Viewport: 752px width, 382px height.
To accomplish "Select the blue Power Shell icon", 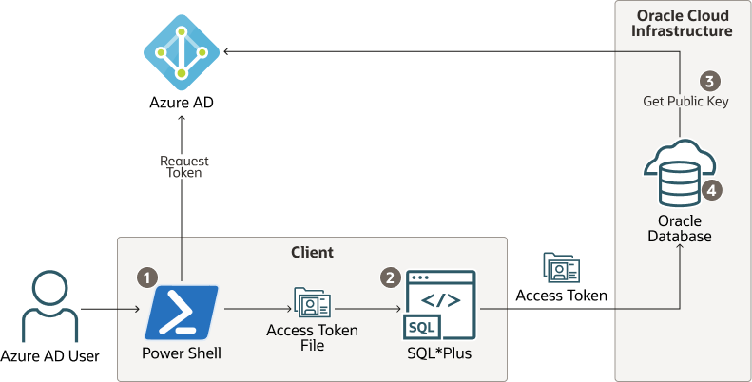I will pyautogui.click(x=182, y=313).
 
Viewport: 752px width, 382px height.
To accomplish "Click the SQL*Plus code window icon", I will pyautogui.click(x=440, y=305).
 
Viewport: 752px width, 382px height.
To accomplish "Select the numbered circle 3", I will pyautogui.click(x=708, y=81).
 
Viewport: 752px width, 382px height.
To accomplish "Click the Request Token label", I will pyautogui.click(x=183, y=167).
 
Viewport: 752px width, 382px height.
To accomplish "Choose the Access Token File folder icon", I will pyautogui.click(x=312, y=302).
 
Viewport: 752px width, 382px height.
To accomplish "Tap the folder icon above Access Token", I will pyautogui.click(x=561, y=269).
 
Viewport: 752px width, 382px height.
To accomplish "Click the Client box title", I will pyautogui.click(x=312, y=252).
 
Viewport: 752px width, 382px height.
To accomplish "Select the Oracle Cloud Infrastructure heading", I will pyautogui.click(x=683, y=23).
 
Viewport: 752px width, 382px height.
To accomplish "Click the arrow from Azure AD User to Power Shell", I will pyautogui.click(x=109, y=309).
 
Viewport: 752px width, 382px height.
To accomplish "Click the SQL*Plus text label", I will pyautogui.click(x=438, y=354).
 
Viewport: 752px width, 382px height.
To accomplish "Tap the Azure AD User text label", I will pyautogui.click(x=49, y=356).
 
